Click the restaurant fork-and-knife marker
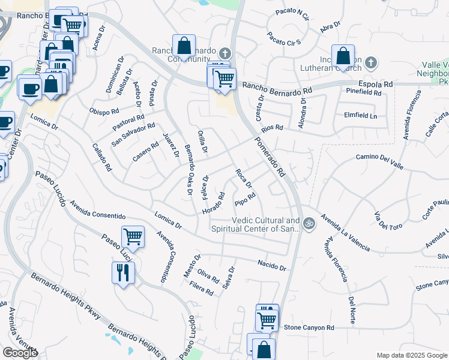click(123, 273)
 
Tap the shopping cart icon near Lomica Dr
click(133, 236)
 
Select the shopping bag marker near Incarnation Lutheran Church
click(343, 56)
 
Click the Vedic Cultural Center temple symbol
click(309, 223)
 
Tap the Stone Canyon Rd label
click(309, 328)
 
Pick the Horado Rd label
click(213, 203)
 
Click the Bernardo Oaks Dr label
click(188, 170)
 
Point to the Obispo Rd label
click(104, 111)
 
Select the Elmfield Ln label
click(360, 115)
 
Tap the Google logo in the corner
click(20, 353)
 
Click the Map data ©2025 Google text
click(412, 355)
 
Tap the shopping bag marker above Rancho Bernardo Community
click(184, 46)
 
